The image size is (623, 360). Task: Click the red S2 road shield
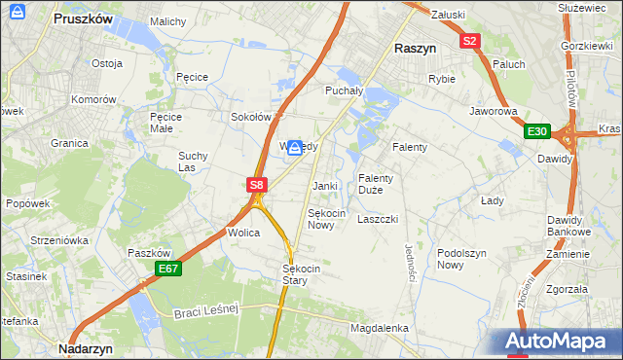[x=471, y=41]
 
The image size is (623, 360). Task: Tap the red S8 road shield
[x=256, y=184]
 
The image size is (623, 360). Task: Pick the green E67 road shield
[x=166, y=269]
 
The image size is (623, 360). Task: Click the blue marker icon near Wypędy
[x=294, y=147]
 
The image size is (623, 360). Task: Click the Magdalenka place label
[x=379, y=328]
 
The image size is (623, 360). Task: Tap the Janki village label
[x=324, y=186]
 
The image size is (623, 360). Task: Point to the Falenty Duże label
[x=376, y=184]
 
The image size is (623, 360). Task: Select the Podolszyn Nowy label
[x=461, y=258]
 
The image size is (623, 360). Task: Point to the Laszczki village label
[x=378, y=219]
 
